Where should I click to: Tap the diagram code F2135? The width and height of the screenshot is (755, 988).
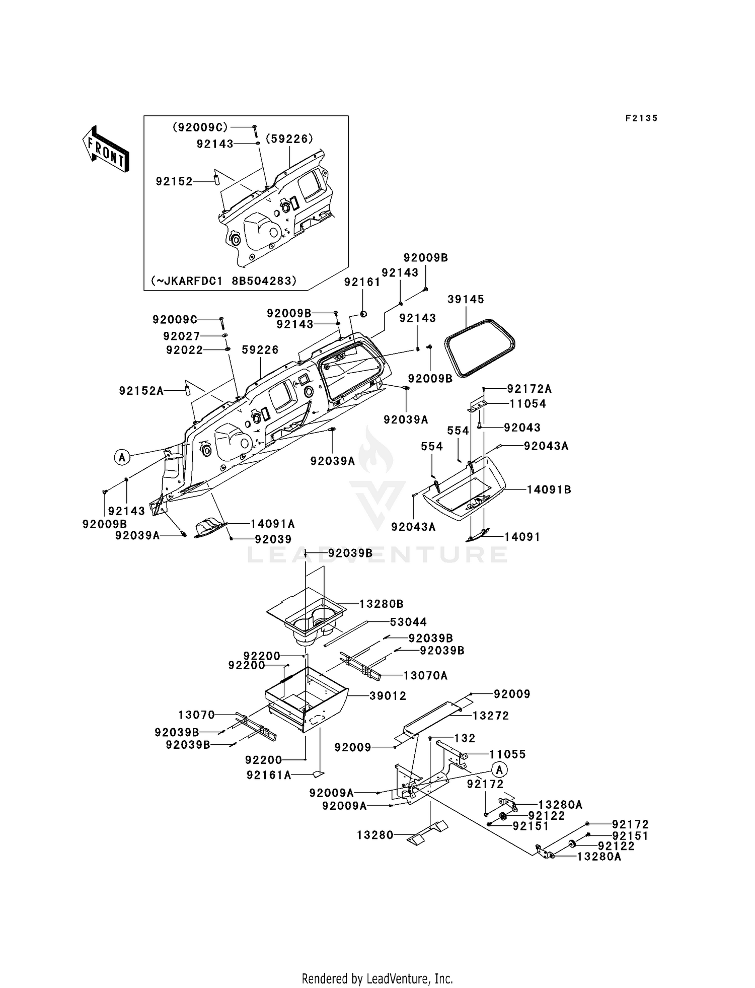click(x=642, y=118)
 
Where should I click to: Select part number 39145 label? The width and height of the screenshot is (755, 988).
click(x=466, y=299)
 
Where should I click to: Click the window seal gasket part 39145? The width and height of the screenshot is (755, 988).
click(x=480, y=347)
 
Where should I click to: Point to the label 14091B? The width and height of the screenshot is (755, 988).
click(x=549, y=489)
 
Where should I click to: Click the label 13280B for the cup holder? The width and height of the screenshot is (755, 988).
click(x=381, y=604)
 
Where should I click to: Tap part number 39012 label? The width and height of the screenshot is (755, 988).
click(x=388, y=695)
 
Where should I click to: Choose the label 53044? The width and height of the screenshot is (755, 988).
click(x=408, y=622)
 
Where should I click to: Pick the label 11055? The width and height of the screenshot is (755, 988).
click(x=507, y=754)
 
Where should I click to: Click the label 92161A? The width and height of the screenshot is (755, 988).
click(x=269, y=775)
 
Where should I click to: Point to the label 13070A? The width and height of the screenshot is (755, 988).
click(x=425, y=675)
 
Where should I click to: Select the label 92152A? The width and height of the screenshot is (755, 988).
click(x=141, y=390)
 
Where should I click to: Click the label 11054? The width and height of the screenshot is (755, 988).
click(x=527, y=403)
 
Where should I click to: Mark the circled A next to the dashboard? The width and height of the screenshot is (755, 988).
click(x=121, y=457)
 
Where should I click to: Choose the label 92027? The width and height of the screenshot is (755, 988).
click(x=182, y=336)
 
